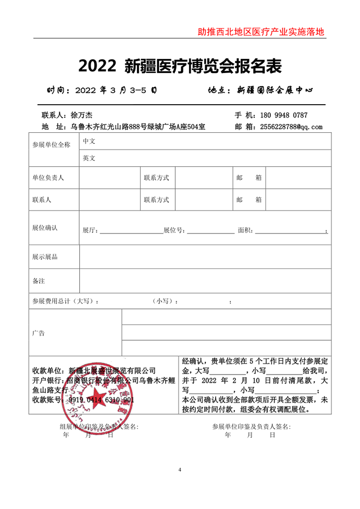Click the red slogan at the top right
[x=261, y=31]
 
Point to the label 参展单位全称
[x=51, y=145]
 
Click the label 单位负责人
[x=48, y=178]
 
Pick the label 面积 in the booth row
[x=244, y=230]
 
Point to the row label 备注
[x=39, y=281]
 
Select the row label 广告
[x=39, y=333]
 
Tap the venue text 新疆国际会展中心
[x=275, y=90]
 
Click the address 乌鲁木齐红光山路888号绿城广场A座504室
[x=138, y=127]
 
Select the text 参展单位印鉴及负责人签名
[x=252, y=427]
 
